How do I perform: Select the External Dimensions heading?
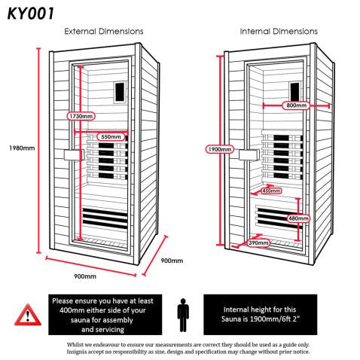104,32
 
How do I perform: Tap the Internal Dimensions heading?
278,32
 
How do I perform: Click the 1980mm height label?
18,148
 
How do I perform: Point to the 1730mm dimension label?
81,117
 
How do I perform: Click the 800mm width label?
295,106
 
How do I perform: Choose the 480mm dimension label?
298,218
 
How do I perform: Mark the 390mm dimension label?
258,243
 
